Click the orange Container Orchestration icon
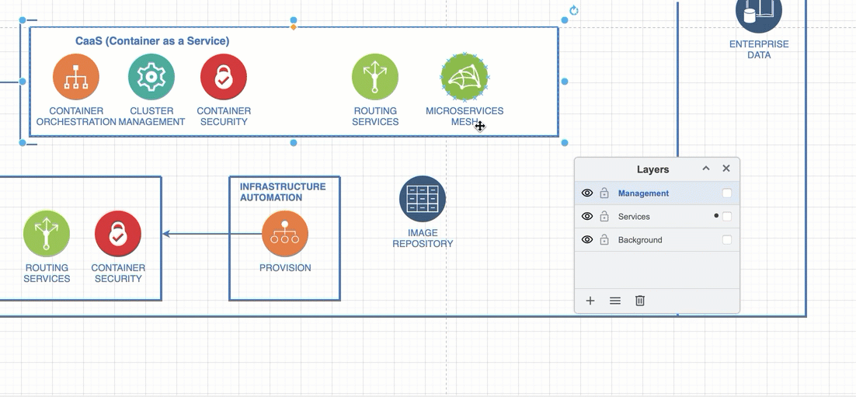tap(76, 77)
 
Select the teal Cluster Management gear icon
tap(151, 77)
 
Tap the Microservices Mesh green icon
tap(465, 77)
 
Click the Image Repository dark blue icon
tap(423, 199)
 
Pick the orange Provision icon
tap(285, 234)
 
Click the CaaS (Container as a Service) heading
tap(152, 41)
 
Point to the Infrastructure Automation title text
tap(283, 192)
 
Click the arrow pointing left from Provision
tap(212, 234)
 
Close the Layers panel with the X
tap(726, 168)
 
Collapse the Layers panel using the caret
tap(706, 168)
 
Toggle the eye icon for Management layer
tap(587, 193)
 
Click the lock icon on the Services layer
tap(604, 216)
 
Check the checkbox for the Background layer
tap(726, 240)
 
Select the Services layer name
tap(634, 217)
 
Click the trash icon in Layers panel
tap(640, 301)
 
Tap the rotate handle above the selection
tap(574, 10)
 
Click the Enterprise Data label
tap(759, 49)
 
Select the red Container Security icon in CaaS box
tap(223, 77)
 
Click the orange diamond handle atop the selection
tap(293, 26)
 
